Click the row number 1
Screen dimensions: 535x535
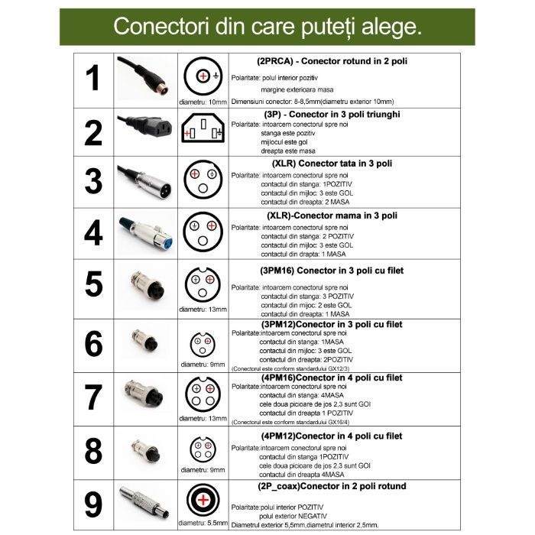pyautogui.click(x=92, y=79)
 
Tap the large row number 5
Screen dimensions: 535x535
pyautogui.click(x=93, y=284)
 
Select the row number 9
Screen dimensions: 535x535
pyautogui.click(x=93, y=505)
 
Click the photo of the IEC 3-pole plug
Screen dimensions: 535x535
pyautogui.click(x=144, y=127)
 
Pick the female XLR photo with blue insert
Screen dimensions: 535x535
pyautogui.click(x=146, y=233)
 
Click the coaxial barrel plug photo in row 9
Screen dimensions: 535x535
pyautogui.click(x=144, y=502)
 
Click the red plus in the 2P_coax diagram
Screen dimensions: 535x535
pyautogui.click(x=203, y=500)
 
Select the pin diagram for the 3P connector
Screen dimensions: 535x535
pyautogui.click(x=203, y=128)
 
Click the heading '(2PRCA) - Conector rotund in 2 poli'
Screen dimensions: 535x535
pyautogui.click(x=332, y=61)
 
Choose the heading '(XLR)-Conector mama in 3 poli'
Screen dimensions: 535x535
pyautogui.click(x=332, y=216)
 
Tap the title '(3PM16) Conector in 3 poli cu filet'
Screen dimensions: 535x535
pyautogui.click(x=332, y=271)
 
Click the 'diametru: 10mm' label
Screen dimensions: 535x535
pyautogui.click(x=203, y=102)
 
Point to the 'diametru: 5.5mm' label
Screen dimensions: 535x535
pyautogui.click(x=203, y=523)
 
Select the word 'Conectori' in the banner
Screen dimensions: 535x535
pyautogui.click(x=160, y=26)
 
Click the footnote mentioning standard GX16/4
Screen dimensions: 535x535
pyautogui.click(x=290, y=422)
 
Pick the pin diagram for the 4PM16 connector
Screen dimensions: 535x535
pyautogui.click(x=203, y=394)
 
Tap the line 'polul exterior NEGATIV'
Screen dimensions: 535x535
pyautogui.click(x=293, y=516)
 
